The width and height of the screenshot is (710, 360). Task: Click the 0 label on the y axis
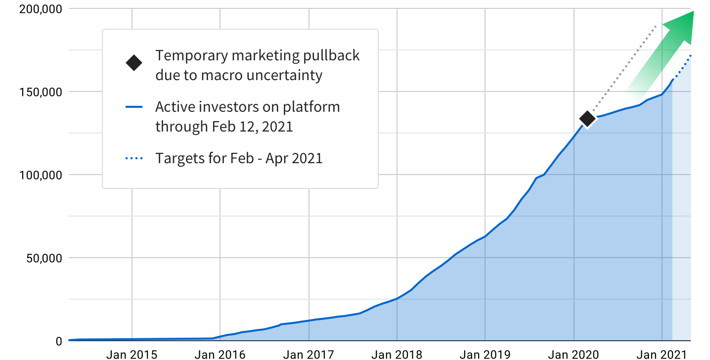(58, 341)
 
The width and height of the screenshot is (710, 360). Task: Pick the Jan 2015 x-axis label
(132, 354)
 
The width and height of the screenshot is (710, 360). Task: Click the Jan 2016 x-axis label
(220, 354)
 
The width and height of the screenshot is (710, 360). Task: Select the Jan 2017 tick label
(309, 354)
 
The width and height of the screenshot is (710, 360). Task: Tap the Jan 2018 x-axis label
(397, 354)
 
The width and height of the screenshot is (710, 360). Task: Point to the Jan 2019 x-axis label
(485, 354)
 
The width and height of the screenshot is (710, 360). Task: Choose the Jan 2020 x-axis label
(574, 354)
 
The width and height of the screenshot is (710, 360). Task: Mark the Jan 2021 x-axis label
(662, 354)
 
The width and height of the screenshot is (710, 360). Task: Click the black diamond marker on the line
(587, 119)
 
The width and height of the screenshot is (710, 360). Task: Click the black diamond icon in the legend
(134, 63)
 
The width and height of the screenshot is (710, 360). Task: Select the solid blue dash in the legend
(134, 107)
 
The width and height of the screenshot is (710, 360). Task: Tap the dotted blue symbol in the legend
(134, 159)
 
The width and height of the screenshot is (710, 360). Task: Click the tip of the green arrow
(693, 12)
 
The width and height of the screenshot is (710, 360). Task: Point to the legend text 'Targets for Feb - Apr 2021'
(239, 159)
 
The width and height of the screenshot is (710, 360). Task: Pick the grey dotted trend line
(623, 69)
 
